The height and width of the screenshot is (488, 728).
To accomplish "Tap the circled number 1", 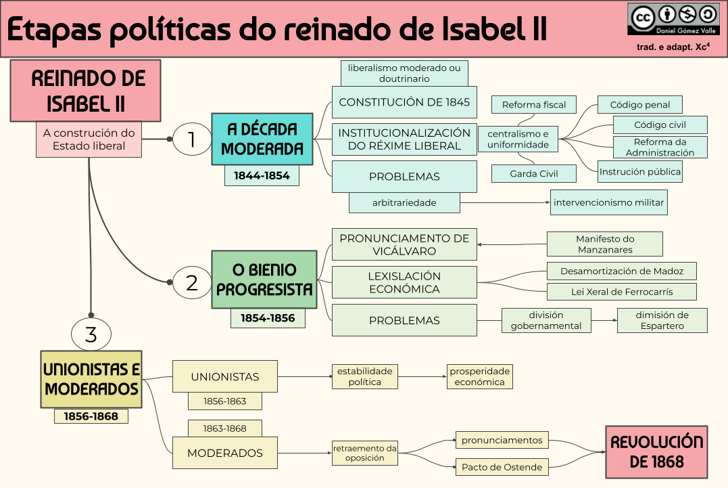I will (192, 139).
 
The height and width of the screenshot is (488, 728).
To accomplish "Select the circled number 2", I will (192, 282).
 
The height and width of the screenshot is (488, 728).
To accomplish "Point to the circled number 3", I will (91, 334).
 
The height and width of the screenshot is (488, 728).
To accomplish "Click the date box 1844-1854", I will (262, 176).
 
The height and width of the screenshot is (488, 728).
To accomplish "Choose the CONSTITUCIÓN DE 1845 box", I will (404, 102).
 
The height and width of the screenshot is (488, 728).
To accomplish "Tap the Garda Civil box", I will (534, 173).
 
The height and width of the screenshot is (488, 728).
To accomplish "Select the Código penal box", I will (639, 105).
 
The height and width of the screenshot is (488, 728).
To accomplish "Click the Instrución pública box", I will (639, 172).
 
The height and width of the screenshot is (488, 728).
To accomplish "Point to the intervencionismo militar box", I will (608, 202).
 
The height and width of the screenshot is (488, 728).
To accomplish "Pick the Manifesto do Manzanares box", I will (604, 244).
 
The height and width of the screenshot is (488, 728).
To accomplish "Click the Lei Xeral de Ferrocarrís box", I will (621, 292).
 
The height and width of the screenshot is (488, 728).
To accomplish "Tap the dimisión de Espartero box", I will (662, 320).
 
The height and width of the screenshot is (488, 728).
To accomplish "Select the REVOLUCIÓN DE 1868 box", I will (656, 451).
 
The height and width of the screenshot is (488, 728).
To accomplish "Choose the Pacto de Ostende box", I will (502, 467).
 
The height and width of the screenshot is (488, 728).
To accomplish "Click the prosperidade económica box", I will (479, 376).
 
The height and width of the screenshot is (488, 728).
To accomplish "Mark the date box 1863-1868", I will (224, 428).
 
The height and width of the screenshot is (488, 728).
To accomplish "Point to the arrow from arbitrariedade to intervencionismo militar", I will (504, 202).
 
